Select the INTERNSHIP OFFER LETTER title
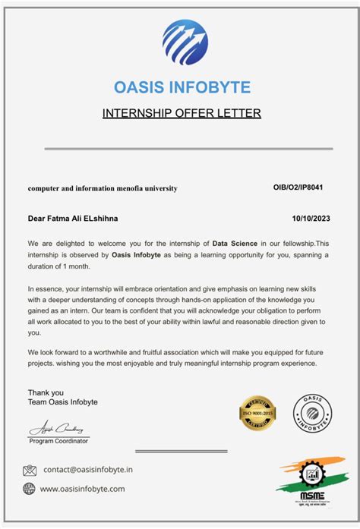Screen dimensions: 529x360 point(182,114)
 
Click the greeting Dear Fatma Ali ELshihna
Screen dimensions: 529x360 point(73,219)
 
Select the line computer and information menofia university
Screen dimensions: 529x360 point(103,188)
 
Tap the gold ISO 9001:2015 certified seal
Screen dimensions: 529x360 point(257,414)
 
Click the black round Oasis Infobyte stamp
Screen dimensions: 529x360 point(312,414)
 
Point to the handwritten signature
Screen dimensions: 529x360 point(59,428)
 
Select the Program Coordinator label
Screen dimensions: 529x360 point(58,441)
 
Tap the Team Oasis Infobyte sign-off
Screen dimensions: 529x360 point(62,402)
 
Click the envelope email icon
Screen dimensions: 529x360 point(30,471)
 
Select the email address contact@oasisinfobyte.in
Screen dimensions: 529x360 point(87,471)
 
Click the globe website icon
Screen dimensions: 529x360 point(30,489)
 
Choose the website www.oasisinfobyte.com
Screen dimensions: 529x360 point(82,489)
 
